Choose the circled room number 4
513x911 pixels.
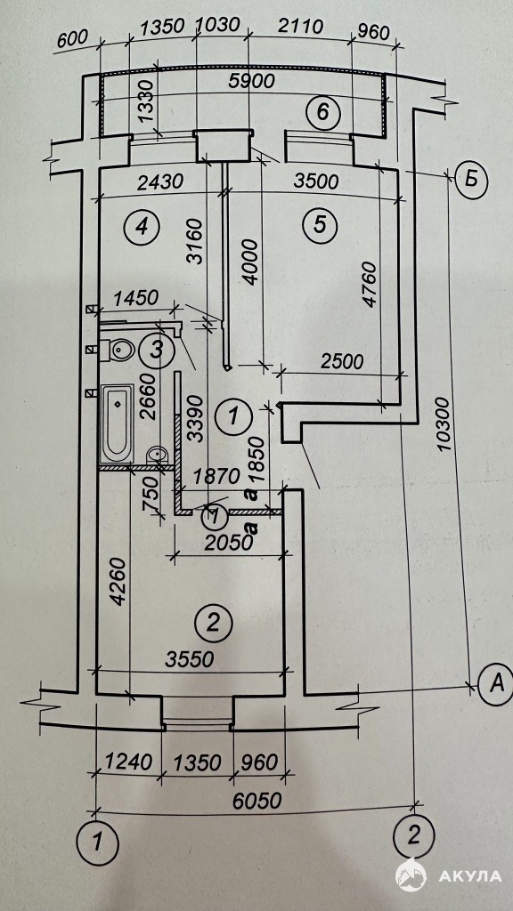(142, 225)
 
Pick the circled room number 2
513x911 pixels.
(214, 623)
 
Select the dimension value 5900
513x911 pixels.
(252, 82)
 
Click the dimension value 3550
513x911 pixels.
(190, 659)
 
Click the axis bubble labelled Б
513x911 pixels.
(471, 180)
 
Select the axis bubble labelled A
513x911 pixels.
(495, 684)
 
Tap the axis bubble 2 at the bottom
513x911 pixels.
(413, 836)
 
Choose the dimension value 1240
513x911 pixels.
(128, 762)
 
